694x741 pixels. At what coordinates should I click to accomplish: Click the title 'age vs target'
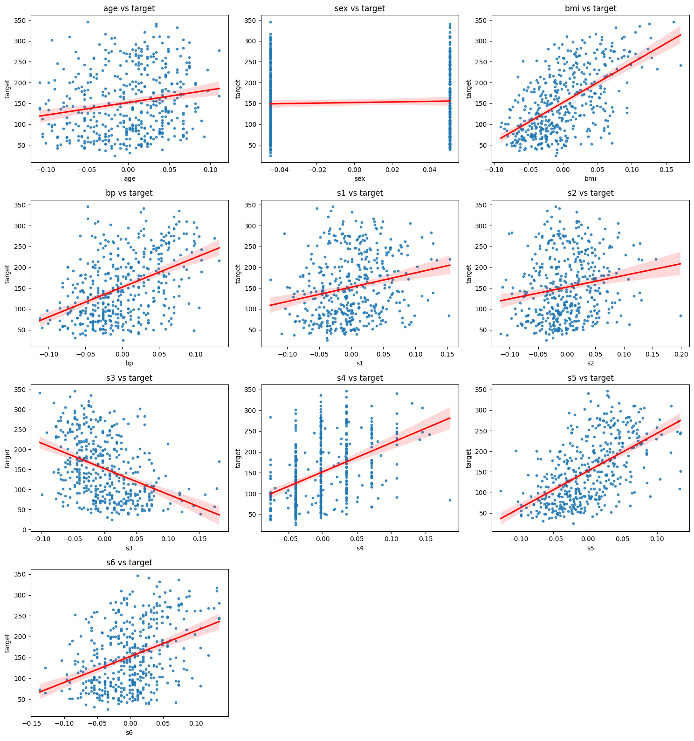click(x=129, y=8)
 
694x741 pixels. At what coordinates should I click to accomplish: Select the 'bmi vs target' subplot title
click(x=591, y=8)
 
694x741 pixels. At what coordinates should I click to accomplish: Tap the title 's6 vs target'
click(x=129, y=563)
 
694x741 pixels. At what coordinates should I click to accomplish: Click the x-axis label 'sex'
click(x=360, y=178)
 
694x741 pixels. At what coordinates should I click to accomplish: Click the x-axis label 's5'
click(x=591, y=548)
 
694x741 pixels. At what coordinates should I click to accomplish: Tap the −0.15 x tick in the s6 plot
click(x=31, y=724)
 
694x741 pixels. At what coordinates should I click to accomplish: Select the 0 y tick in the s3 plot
click(x=24, y=530)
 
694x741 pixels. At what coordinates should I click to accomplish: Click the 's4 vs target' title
click(x=360, y=378)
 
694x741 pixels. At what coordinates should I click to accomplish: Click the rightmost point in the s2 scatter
click(x=680, y=316)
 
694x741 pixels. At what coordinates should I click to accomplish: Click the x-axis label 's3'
click(x=129, y=548)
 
